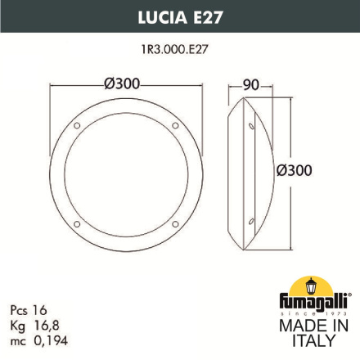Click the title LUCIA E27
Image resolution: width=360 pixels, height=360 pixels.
click(x=179, y=15)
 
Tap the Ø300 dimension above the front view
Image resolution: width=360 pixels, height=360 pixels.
click(x=125, y=83)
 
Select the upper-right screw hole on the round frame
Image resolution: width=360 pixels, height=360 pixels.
click(x=174, y=126)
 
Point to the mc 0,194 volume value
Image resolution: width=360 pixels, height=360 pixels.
click(x=37, y=340)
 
